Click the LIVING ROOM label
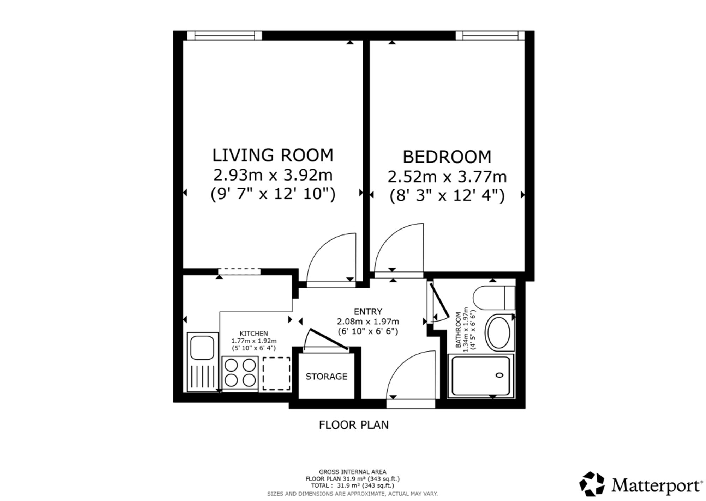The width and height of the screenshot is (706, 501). (273, 155)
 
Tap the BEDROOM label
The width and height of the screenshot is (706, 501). (447, 157)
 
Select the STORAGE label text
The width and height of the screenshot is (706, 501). (326, 377)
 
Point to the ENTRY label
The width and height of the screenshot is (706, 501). (368, 312)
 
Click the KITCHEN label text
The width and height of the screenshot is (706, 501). (254, 334)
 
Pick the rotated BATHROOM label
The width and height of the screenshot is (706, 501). (458, 330)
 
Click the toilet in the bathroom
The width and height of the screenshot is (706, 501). (493, 298)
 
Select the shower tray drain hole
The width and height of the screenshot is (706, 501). (499, 375)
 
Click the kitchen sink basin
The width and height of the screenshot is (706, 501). (202, 348)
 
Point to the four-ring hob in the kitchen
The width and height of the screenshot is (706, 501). (240, 374)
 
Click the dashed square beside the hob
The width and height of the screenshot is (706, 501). (276, 374)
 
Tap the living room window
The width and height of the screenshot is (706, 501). (225, 36)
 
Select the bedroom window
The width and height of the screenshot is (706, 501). (490, 36)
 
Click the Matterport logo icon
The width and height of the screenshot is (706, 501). (592, 484)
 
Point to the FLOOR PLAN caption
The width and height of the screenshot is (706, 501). (354, 425)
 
